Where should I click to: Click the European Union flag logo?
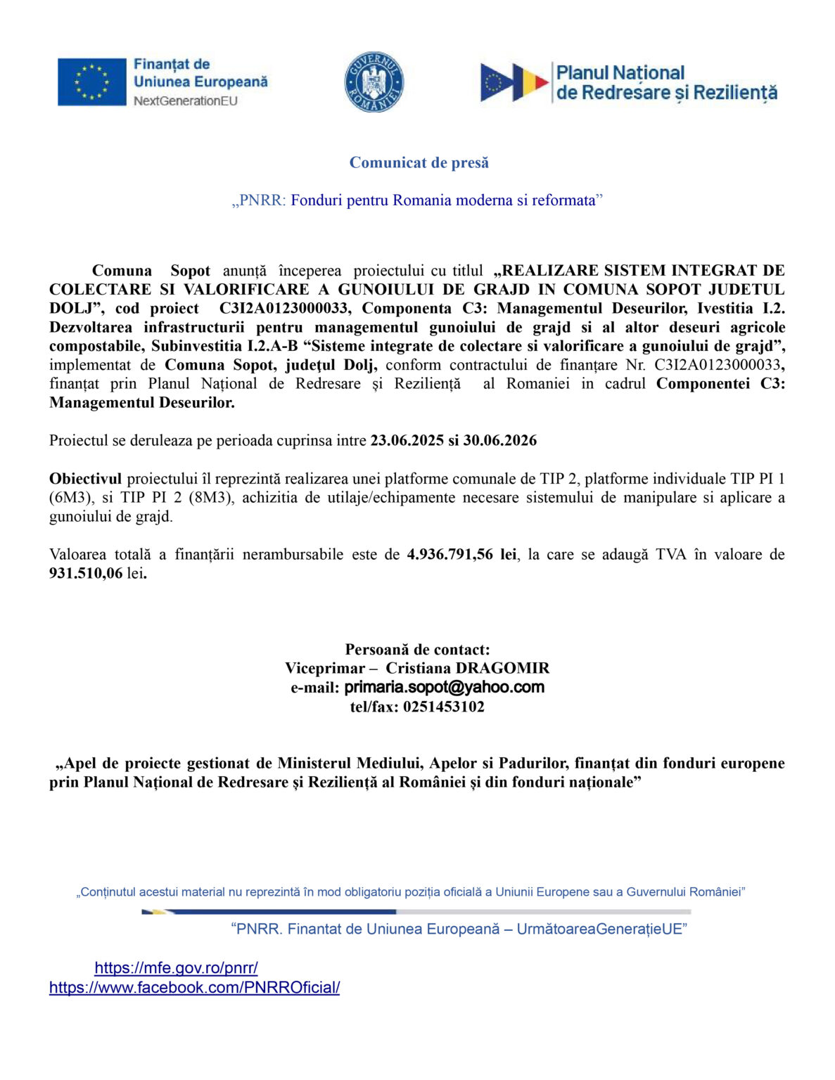click(x=92, y=82)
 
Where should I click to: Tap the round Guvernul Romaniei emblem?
click(x=374, y=82)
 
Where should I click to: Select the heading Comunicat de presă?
click(x=419, y=162)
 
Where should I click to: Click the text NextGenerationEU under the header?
click(x=186, y=101)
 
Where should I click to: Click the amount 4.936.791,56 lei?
click(x=461, y=554)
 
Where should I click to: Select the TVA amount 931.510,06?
click(x=86, y=573)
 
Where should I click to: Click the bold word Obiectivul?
click(x=85, y=479)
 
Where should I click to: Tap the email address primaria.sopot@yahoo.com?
click(x=444, y=688)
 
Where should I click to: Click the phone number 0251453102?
click(x=443, y=707)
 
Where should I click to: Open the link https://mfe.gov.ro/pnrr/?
click(x=176, y=967)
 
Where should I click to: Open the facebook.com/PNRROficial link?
click(x=195, y=987)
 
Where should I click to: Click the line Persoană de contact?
click(x=417, y=649)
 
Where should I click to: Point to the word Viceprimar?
click(x=325, y=668)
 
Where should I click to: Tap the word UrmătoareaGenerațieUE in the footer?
click(x=599, y=929)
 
